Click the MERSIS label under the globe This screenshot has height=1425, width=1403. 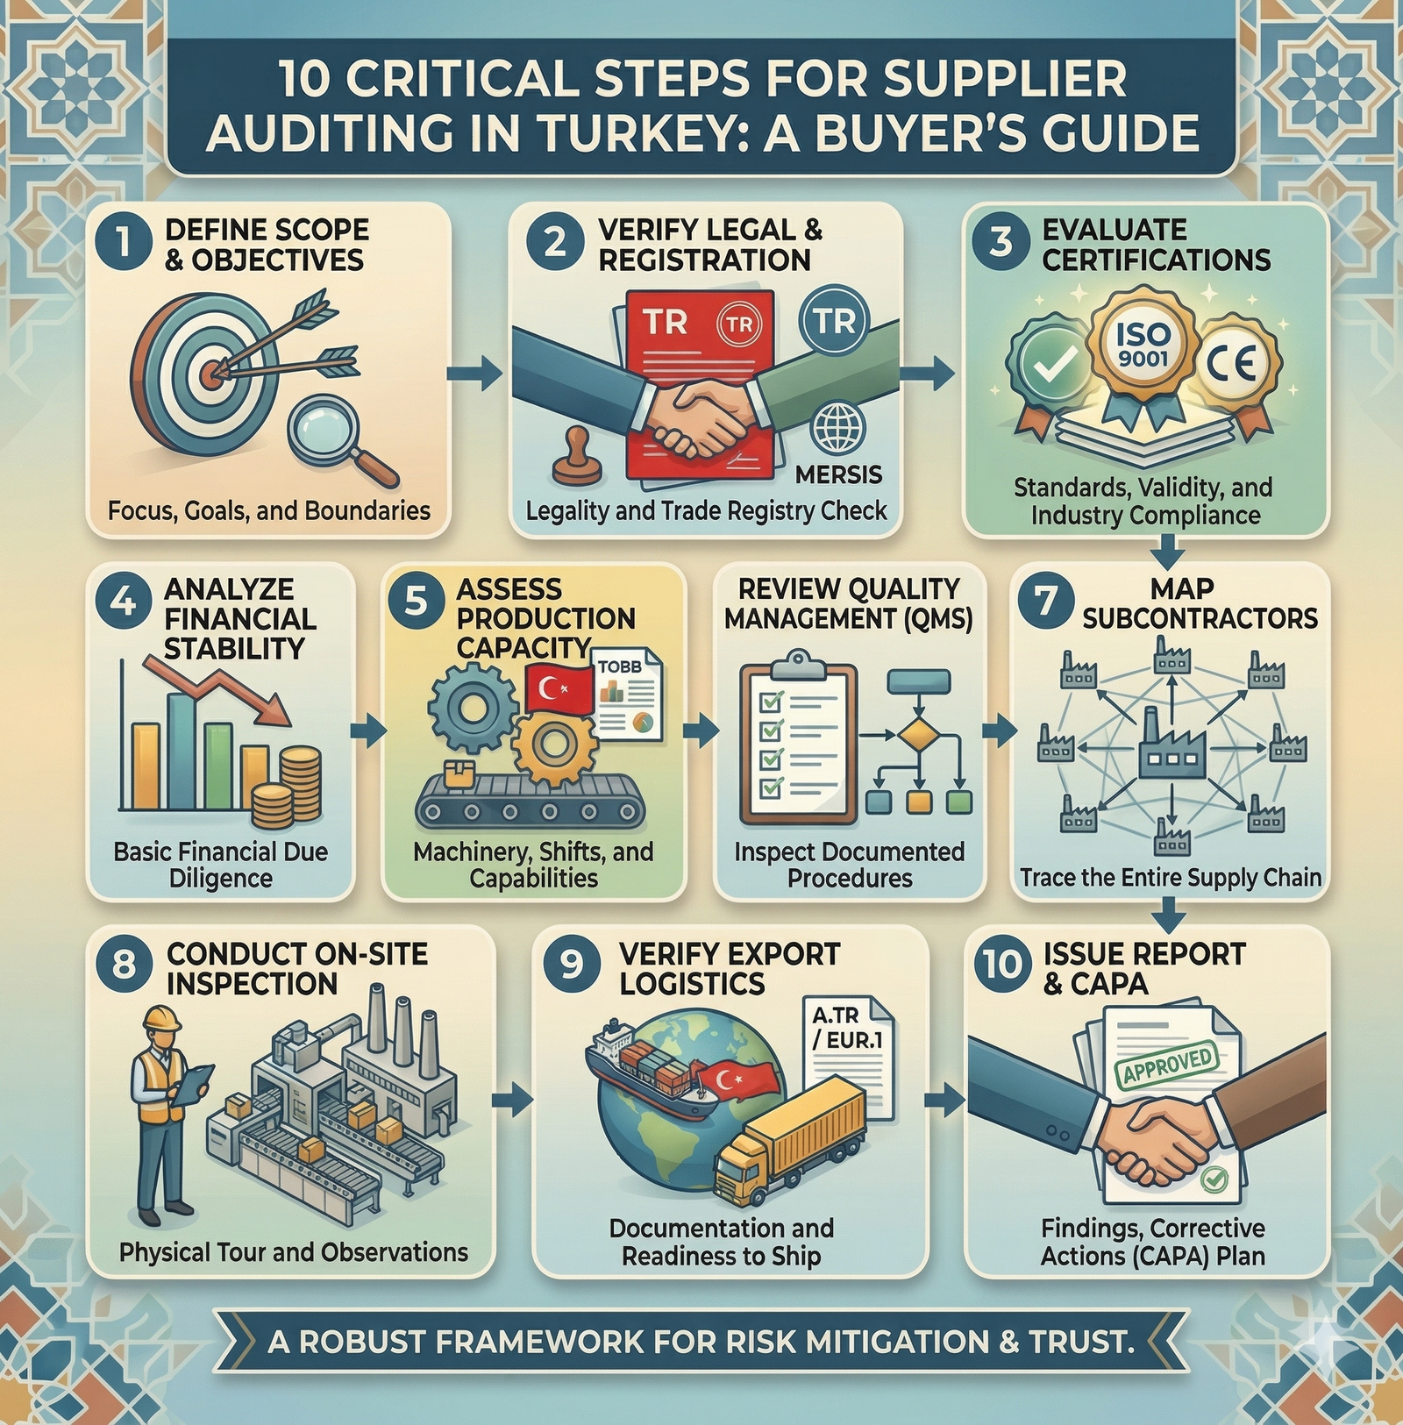pos(838,475)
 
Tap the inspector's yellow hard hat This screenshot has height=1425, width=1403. pos(161,1019)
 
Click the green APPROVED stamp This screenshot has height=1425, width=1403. pos(1167,1064)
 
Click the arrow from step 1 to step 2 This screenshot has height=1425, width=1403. pos(474,374)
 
